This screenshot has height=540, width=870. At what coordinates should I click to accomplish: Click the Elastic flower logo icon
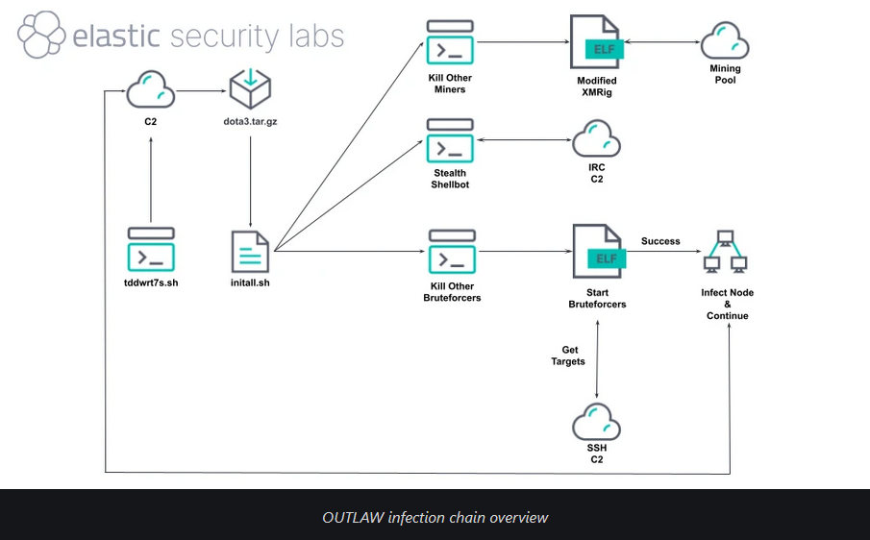(40, 36)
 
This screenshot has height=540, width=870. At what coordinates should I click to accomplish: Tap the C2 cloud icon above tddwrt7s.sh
(151, 91)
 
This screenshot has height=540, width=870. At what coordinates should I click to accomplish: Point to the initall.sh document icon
(250, 251)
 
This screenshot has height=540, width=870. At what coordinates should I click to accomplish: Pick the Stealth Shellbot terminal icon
(450, 140)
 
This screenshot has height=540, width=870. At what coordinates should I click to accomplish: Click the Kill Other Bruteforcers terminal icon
(450, 251)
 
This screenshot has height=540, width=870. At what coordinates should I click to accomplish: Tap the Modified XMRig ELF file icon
(597, 42)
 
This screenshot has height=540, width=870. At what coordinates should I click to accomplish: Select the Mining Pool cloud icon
(726, 41)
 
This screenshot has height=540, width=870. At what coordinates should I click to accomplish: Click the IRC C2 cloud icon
(597, 139)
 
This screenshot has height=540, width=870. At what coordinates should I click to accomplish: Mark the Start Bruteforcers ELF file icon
(597, 252)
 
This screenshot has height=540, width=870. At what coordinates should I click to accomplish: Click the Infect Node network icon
(726, 252)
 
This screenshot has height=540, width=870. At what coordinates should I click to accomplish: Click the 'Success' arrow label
(660, 241)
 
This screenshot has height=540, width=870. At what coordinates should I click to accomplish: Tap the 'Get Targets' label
(568, 356)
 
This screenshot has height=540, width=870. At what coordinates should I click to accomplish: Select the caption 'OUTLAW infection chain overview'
(435, 518)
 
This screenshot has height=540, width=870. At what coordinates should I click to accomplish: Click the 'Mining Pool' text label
(726, 75)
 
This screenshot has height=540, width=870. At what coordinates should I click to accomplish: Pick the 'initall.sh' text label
(250, 284)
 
